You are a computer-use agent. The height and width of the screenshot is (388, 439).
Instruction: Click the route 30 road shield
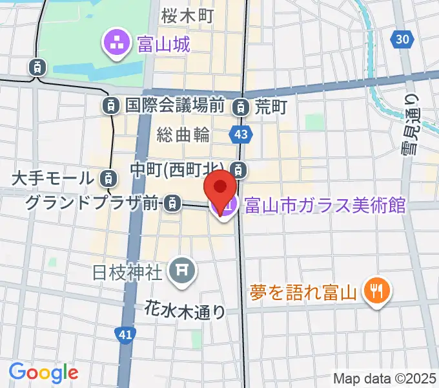(402, 39)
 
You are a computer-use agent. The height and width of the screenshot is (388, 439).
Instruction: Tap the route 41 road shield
(125, 334)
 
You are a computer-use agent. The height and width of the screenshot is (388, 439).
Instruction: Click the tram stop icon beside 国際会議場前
(112, 105)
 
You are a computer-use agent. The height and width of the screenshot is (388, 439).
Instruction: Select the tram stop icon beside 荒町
(241, 105)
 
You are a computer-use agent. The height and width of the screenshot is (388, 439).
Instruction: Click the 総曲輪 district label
(183, 135)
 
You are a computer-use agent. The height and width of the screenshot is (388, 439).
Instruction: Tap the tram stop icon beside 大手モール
(109, 177)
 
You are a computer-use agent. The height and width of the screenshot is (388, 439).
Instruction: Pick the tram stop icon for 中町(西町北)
(240, 170)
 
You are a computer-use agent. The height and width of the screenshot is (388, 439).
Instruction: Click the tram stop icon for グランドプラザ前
(172, 204)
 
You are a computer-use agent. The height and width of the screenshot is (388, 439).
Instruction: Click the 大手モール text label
(54, 177)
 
